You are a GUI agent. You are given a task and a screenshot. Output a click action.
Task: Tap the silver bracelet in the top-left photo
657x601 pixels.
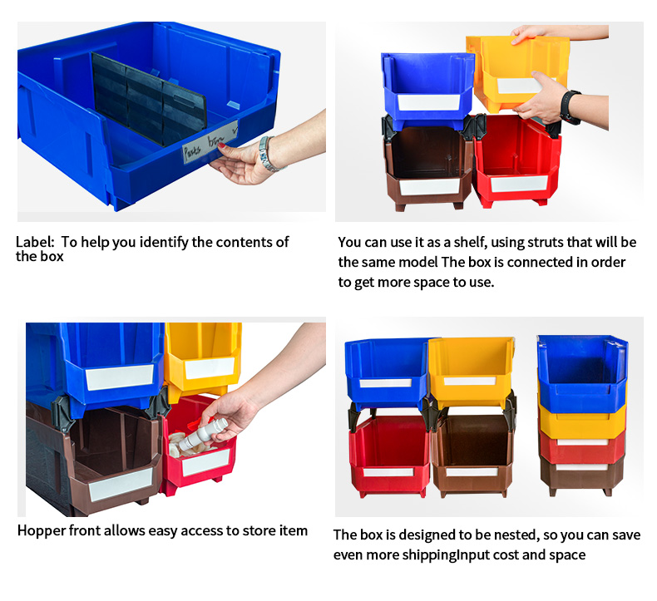(266, 154)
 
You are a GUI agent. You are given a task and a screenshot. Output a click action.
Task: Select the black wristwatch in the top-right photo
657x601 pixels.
(570, 107)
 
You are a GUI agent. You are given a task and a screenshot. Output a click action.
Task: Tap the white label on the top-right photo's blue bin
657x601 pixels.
(429, 102)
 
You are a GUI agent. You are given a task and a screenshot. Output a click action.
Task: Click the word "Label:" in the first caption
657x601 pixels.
(35, 242)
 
